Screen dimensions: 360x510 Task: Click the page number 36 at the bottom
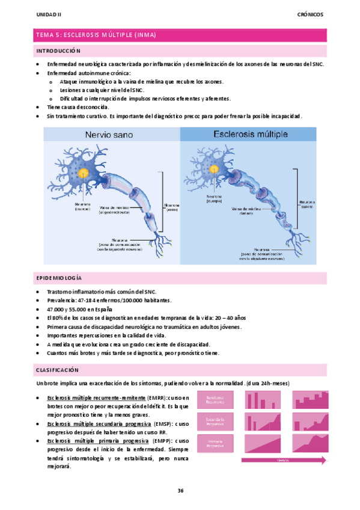coord(180,491)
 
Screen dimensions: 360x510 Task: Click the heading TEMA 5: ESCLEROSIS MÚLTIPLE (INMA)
coord(97,35)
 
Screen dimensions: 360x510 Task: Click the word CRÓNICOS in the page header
coord(310,13)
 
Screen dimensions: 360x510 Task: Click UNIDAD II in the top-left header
coord(49,13)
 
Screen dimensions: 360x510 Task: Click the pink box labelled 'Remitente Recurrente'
coord(215,399)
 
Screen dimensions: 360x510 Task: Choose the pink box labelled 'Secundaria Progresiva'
coord(215,422)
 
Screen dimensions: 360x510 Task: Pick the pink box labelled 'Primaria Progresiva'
coord(215,444)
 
